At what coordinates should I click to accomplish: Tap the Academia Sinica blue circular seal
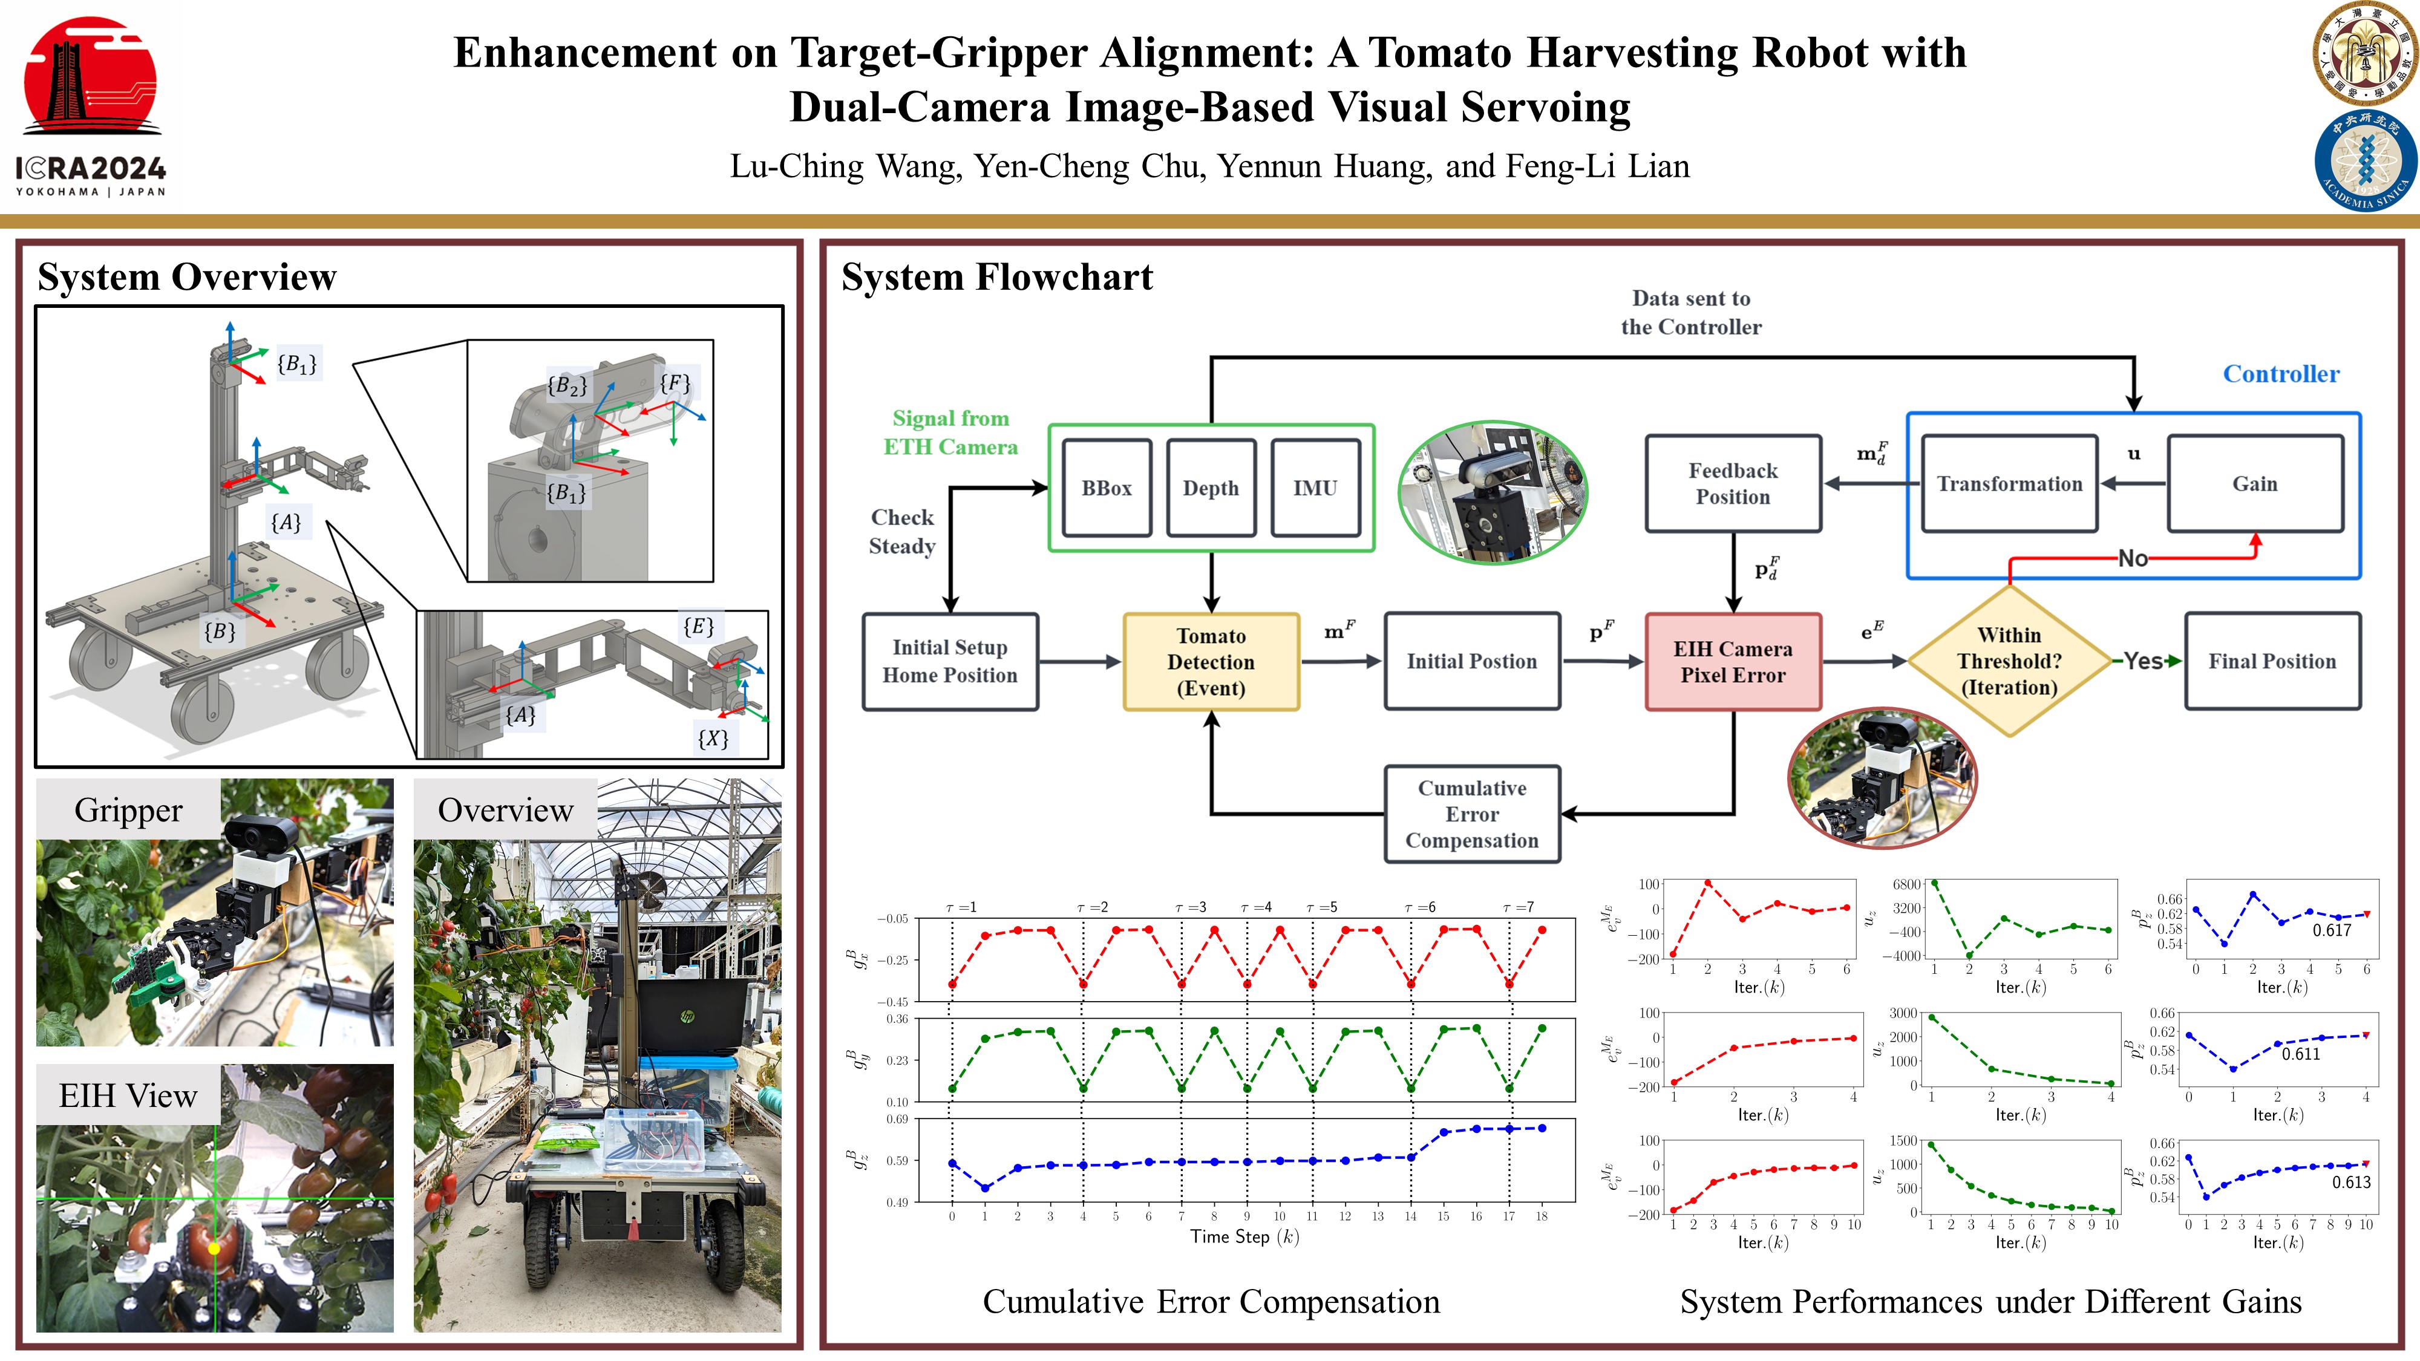coord(2364,160)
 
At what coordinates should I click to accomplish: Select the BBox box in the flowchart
coord(1107,488)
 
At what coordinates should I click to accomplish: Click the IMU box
coord(1314,488)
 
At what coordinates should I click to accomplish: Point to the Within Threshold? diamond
coord(2009,661)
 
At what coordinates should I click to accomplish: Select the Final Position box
coord(2272,661)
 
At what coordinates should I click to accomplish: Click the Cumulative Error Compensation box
coord(1471,814)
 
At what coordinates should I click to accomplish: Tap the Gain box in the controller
coord(2255,484)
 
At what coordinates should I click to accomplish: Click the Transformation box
coord(2009,484)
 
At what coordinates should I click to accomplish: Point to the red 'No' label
coord(2133,559)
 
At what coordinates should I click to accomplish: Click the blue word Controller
coord(2281,374)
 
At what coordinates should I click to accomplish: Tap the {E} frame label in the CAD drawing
coord(698,627)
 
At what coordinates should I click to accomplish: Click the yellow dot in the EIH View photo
coord(214,1248)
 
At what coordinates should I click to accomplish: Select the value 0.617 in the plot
coord(2332,930)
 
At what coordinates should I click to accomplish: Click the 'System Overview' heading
coord(187,277)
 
